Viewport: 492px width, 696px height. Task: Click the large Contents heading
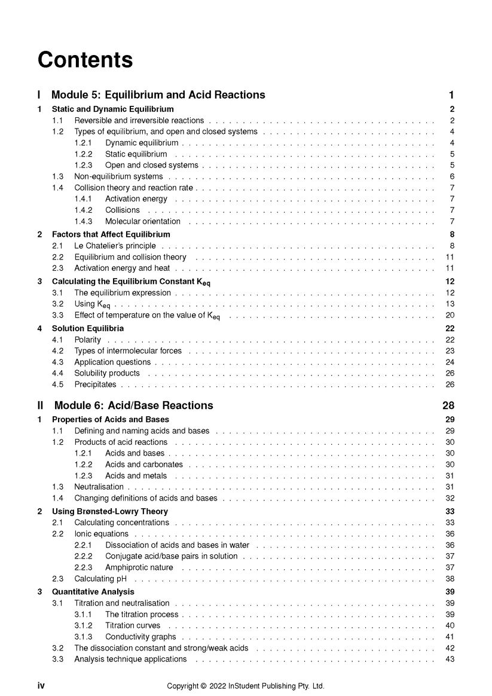(85, 60)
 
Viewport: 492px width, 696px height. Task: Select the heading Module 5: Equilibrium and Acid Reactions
(158, 94)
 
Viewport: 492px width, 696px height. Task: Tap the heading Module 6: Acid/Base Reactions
(133, 405)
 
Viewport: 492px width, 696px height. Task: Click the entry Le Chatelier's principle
(115, 246)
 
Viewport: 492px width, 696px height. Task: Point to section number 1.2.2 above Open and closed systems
(83, 154)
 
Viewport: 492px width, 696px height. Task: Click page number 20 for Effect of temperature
(450, 315)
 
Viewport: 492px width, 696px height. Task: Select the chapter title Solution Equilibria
(88, 328)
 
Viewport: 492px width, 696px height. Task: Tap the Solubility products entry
(106, 373)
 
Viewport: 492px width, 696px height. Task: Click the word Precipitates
(96, 384)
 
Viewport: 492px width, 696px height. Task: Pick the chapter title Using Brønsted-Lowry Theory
(110, 511)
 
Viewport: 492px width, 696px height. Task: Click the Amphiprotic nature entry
(139, 567)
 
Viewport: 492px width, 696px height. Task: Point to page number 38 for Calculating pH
(450, 579)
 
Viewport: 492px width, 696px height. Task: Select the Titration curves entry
(133, 625)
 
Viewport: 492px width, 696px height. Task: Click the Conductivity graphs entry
(140, 637)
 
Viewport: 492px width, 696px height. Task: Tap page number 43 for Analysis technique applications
(450, 659)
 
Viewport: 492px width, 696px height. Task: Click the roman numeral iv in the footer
(41, 686)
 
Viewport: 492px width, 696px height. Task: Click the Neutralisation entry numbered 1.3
(99, 487)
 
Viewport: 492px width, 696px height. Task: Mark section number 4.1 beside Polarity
(58, 340)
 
